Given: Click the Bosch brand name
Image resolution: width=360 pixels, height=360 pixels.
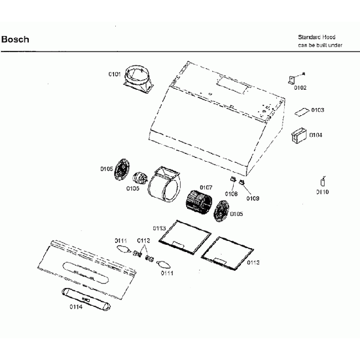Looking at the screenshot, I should pyautogui.click(x=16, y=40).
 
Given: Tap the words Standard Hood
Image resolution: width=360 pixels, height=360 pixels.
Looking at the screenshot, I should pyautogui.click(x=317, y=37).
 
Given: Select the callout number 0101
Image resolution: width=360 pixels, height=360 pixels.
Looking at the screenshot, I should pyautogui.click(x=115, y=73).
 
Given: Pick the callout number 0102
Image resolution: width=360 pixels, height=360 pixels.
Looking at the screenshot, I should pyautogui.click(x=300, y=88).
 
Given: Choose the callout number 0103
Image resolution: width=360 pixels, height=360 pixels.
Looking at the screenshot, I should pyautogui.click(x=317, y=110).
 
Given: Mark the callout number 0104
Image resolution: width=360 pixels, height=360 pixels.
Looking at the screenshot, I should pyautogui.click(x=316, y=135).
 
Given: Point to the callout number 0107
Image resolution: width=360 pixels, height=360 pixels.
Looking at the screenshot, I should pyautogui.click(x=206, y=187).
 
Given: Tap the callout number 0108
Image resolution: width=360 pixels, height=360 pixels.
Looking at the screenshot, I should pyautogui.click(x=231, y=193).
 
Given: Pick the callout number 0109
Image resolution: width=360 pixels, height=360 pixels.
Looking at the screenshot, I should pyautogui.click(x=253, y=198).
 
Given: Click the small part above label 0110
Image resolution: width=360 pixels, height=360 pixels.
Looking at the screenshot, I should pyautogui.click(x=322, y=182).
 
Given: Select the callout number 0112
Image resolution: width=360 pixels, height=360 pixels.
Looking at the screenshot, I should pyautogui.click(x=143, y=240).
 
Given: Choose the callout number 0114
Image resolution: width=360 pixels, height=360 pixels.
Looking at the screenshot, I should pyautogui.click(x=76, y=307).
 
